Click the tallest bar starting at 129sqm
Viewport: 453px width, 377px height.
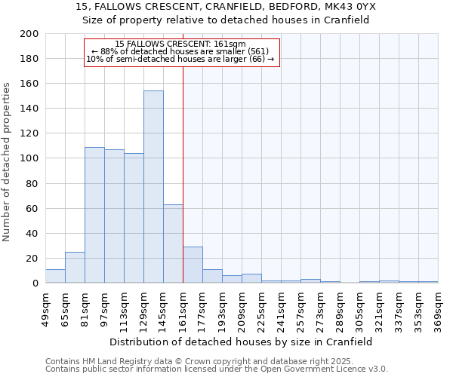(x=153, y=187)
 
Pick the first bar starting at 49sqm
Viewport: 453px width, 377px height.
(x=55, y=276)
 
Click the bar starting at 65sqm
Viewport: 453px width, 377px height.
(x=75, y=268)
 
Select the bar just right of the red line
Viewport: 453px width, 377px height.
(x=193, y=265)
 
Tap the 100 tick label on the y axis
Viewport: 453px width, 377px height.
(x=29, y=158)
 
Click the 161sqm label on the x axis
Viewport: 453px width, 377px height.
(x=183, y=307)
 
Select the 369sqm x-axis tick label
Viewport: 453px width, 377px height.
(x=438, y=307)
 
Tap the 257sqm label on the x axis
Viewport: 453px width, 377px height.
(x=300, y=307)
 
